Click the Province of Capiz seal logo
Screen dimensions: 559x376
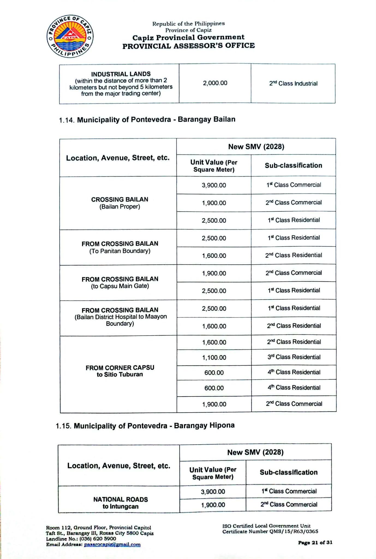70,37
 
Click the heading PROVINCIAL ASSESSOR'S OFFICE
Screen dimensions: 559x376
189,46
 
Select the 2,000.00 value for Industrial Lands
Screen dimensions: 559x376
215,83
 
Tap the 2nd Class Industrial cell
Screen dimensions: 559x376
293,84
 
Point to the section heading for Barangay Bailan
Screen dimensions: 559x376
147,120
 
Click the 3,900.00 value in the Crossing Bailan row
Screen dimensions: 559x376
214,185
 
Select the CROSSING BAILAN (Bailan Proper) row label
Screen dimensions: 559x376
120,203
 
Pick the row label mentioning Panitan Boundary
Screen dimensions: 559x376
120,247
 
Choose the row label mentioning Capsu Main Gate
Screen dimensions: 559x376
120,282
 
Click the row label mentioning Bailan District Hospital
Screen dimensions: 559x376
120,317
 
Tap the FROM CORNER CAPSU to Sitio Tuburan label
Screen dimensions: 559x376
120,371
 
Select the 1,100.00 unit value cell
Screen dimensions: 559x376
214,357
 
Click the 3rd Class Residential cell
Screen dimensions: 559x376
294,357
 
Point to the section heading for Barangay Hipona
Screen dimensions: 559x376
145,426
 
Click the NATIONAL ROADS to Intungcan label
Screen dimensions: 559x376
120,503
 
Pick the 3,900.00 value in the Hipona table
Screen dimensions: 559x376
213,492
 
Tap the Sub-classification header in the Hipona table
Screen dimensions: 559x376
288,472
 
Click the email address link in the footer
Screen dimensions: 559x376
112,545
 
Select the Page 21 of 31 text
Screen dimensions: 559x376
315,543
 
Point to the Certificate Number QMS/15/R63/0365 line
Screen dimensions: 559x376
270,531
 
